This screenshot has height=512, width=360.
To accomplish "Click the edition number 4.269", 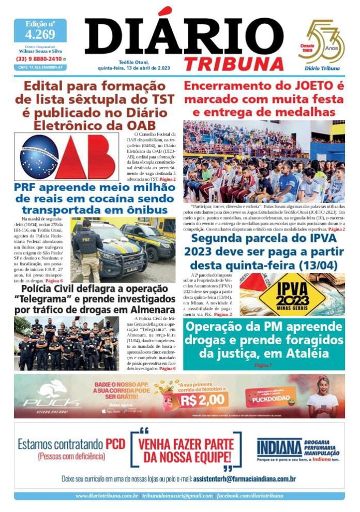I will point(40,35).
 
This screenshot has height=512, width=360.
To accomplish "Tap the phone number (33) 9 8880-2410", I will point(40,59).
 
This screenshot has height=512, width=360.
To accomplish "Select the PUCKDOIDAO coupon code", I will point(270,400).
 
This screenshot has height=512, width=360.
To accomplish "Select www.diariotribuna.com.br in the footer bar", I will point(106,496).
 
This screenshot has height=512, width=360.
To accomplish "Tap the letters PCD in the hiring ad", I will point(115,444).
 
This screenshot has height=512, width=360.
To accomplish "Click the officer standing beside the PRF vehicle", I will point(86,248).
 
